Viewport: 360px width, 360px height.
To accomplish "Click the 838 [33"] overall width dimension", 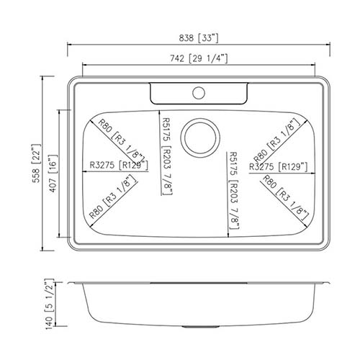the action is pos(199,38).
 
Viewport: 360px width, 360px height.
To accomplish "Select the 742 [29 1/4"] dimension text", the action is pos(199,58).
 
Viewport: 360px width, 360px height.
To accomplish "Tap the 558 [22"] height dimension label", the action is pos(37,163).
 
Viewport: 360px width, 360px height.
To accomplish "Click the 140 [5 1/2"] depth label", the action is pos(49,304).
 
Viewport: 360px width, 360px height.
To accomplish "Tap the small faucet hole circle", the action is pos(199,93).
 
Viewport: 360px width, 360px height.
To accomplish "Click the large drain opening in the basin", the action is pos(200,138).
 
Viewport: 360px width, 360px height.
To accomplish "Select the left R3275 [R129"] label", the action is pos(119,165).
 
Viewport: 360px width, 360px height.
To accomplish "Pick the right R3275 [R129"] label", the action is pos(279,166).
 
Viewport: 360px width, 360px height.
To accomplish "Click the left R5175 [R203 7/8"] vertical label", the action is pos(167,156).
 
